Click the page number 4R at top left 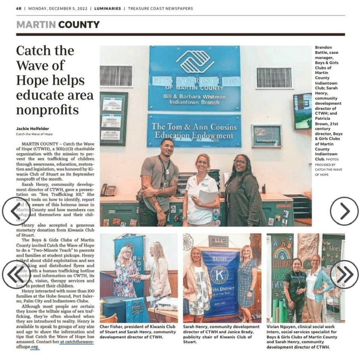[19, 8]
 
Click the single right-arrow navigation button [344, 211]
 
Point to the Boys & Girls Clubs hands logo [194, 61]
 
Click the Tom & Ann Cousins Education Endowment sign [194, 131]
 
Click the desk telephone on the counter [108, 190]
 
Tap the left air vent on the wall [116, 76]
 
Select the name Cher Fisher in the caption [111, 326]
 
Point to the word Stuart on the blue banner [219, 258]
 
